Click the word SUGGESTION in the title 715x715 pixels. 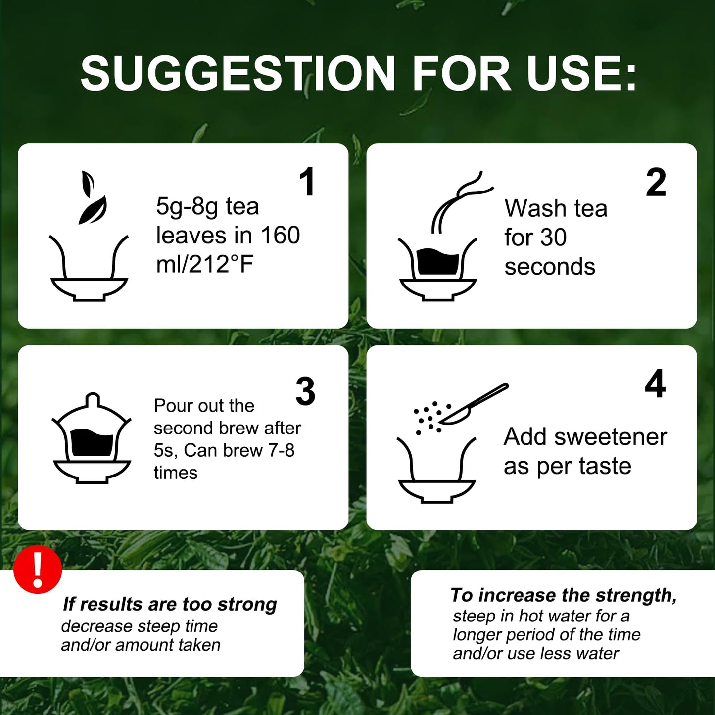(238, 73)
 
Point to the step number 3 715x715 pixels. (305, 391)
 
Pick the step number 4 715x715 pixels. (655, 383)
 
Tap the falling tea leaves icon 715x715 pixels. (92, 197)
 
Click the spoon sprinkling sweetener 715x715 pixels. (474, 404)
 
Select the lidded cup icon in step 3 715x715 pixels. (92, 438)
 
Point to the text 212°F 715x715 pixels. (222, 265)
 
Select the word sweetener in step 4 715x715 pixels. (611, 437)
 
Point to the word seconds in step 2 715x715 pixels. (550, 267)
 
